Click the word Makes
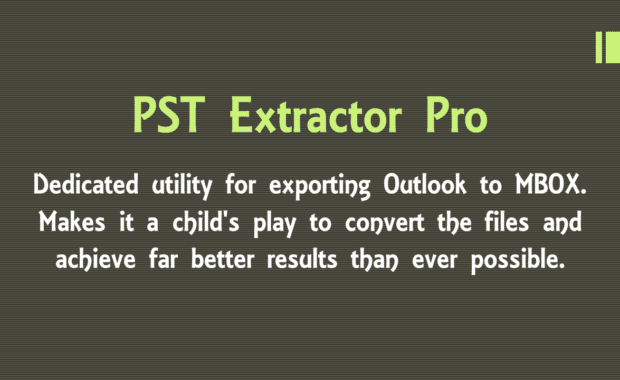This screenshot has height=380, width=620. click(71, 222)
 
